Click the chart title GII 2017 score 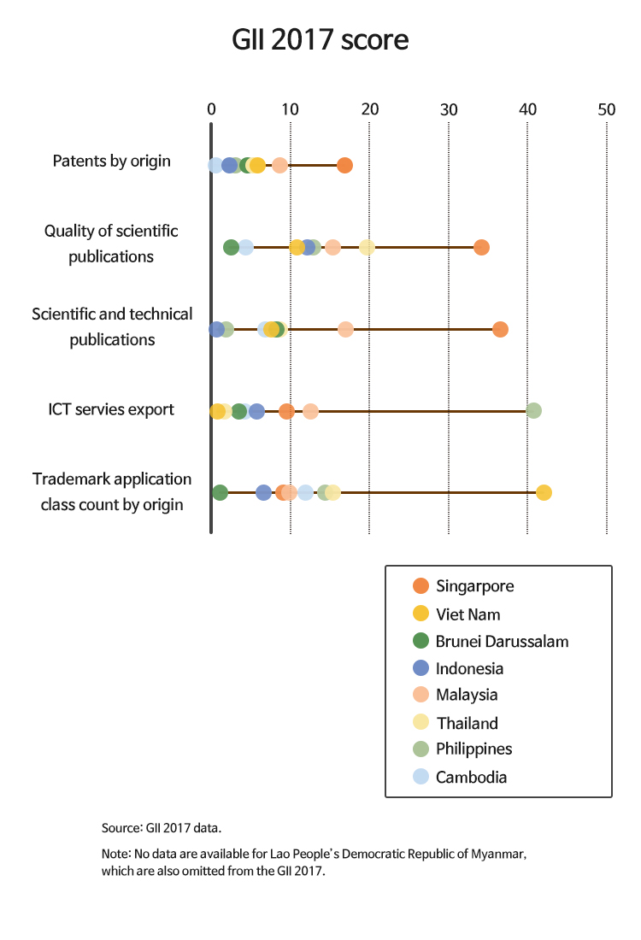coord(320,41)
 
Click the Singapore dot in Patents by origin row coord(344,165)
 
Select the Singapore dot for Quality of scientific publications coord(481,247)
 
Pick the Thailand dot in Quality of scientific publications coord(367,247)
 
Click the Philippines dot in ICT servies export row coord(534,411)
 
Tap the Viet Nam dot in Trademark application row coord(544,492)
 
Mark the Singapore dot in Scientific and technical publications coord(500,329)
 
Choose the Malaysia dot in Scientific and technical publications coord(345,329)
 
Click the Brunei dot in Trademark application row coord(220,492)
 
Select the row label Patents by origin coord(111,161)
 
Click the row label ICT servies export coord(111,409)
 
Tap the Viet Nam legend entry coord(468,614)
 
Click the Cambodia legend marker coord(420,777)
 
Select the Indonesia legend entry coord(469,668)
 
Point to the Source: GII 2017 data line coord(162,828)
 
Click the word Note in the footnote coord(115,854)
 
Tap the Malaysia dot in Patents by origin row coord(279,165)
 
